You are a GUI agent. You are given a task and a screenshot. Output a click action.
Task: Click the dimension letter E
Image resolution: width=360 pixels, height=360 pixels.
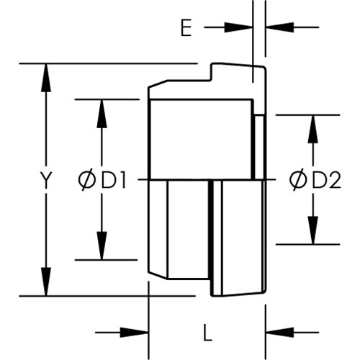pyautogui.click(x=186, y=28)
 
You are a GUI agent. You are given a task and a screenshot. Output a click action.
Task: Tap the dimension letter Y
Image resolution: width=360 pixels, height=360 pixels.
pyautogui.click(x=46, y=180)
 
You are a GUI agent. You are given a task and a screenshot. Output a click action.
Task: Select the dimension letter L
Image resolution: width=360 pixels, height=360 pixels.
pyautogui.click(x=208, y=333)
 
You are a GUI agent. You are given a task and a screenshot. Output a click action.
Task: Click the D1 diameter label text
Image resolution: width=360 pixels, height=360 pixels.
pyautogui.click(x=113, y=180)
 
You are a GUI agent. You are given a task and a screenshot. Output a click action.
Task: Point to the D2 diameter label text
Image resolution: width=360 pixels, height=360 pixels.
pyautogui.click(x=326, y=180)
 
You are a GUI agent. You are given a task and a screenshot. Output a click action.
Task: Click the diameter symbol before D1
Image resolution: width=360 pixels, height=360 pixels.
pyautogui.click(x=87, y=180)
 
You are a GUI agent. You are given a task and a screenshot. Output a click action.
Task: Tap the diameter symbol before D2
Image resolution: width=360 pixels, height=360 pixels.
pyautogui.click(x=298, y=180)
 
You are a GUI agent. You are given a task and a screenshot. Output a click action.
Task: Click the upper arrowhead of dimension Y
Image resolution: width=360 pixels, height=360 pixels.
pyautogui.click(x=46, y=78)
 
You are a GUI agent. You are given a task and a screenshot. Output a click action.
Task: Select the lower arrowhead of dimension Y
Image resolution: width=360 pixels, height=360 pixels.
pyautogui.click(x=46, y=282)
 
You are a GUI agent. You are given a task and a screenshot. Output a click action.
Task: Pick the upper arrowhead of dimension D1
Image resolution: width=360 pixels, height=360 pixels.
pyautogui.click(x=102, y=114)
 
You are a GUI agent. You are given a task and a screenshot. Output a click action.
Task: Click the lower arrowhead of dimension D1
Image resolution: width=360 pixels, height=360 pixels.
pyautogui.click(x=102, y=246)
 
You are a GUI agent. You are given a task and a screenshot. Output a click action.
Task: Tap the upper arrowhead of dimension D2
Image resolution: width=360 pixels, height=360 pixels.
pyautogui.click(x=313, y=130)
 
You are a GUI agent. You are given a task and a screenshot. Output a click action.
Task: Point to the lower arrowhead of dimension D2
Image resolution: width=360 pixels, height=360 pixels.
pyautogui.click(x=313, y=230)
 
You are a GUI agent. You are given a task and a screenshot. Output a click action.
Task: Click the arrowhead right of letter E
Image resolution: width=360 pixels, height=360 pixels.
pyautogui.click(x=238, y=27)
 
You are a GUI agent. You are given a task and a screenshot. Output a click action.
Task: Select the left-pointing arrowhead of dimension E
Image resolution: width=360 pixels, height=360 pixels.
pyautogui.click(x=280, y=27)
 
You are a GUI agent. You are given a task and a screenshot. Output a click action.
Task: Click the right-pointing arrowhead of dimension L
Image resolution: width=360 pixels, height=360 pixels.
pyautogui.click(x=134, y=333)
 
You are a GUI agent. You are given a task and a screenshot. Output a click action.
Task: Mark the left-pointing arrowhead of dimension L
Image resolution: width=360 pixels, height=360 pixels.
pyautogui.click(x=280, y=333)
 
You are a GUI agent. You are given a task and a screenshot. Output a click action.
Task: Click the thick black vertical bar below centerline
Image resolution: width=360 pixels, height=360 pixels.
pyautogui.click(x=211, y=238)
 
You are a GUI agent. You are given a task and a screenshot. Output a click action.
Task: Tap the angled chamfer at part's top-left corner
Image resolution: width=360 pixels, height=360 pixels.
pyautogui.click(x=158, y=84)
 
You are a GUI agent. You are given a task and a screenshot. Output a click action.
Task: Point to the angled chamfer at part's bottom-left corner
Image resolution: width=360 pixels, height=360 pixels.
pyautogui.click(x=158, y=275)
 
